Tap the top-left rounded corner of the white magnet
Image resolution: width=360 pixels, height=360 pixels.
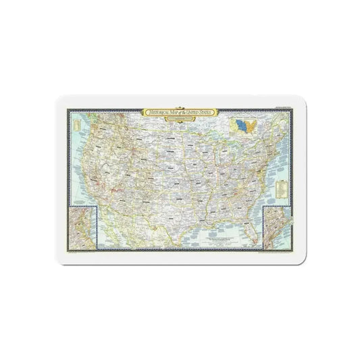57,100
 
